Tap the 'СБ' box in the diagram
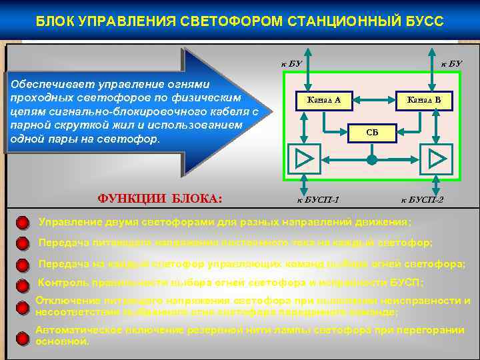pyautogui.click(x=372, y=133)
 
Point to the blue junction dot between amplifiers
pyautogui.click(x=372, y=159)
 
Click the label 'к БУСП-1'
pyautogui.click(x=317, y=199)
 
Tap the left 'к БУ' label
pyautogui.click(x=291, y=64)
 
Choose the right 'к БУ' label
pyautogui.click(x=451, y=64)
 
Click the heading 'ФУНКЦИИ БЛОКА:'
pyautogui.click(x=160, y=199)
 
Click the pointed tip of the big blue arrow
pyautogui.click(x=271, y=111)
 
